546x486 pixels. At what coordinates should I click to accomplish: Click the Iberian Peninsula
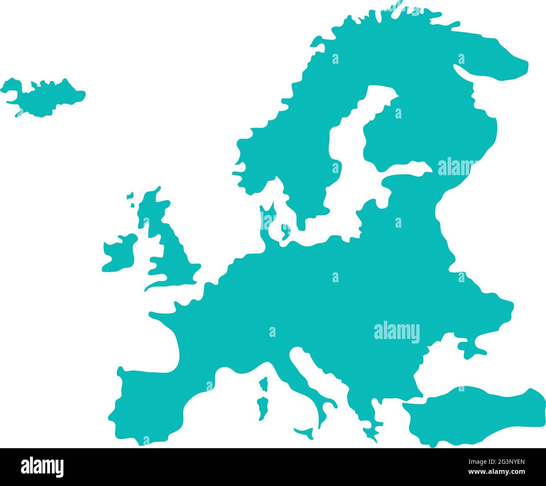147,403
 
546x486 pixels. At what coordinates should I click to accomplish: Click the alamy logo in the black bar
42,467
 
